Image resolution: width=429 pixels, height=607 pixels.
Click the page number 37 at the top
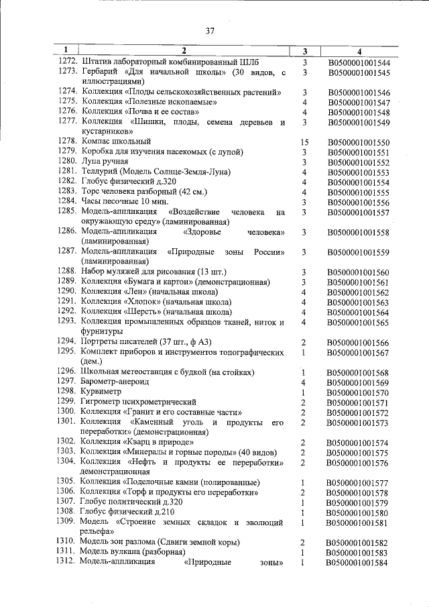coord(210,31)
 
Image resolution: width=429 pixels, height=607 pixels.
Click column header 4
coord(359,51)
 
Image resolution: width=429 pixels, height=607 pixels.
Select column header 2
coord(184,51)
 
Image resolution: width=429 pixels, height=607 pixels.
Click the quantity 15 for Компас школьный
coord(304,142)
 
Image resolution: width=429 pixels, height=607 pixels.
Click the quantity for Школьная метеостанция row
coord(304,372)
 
